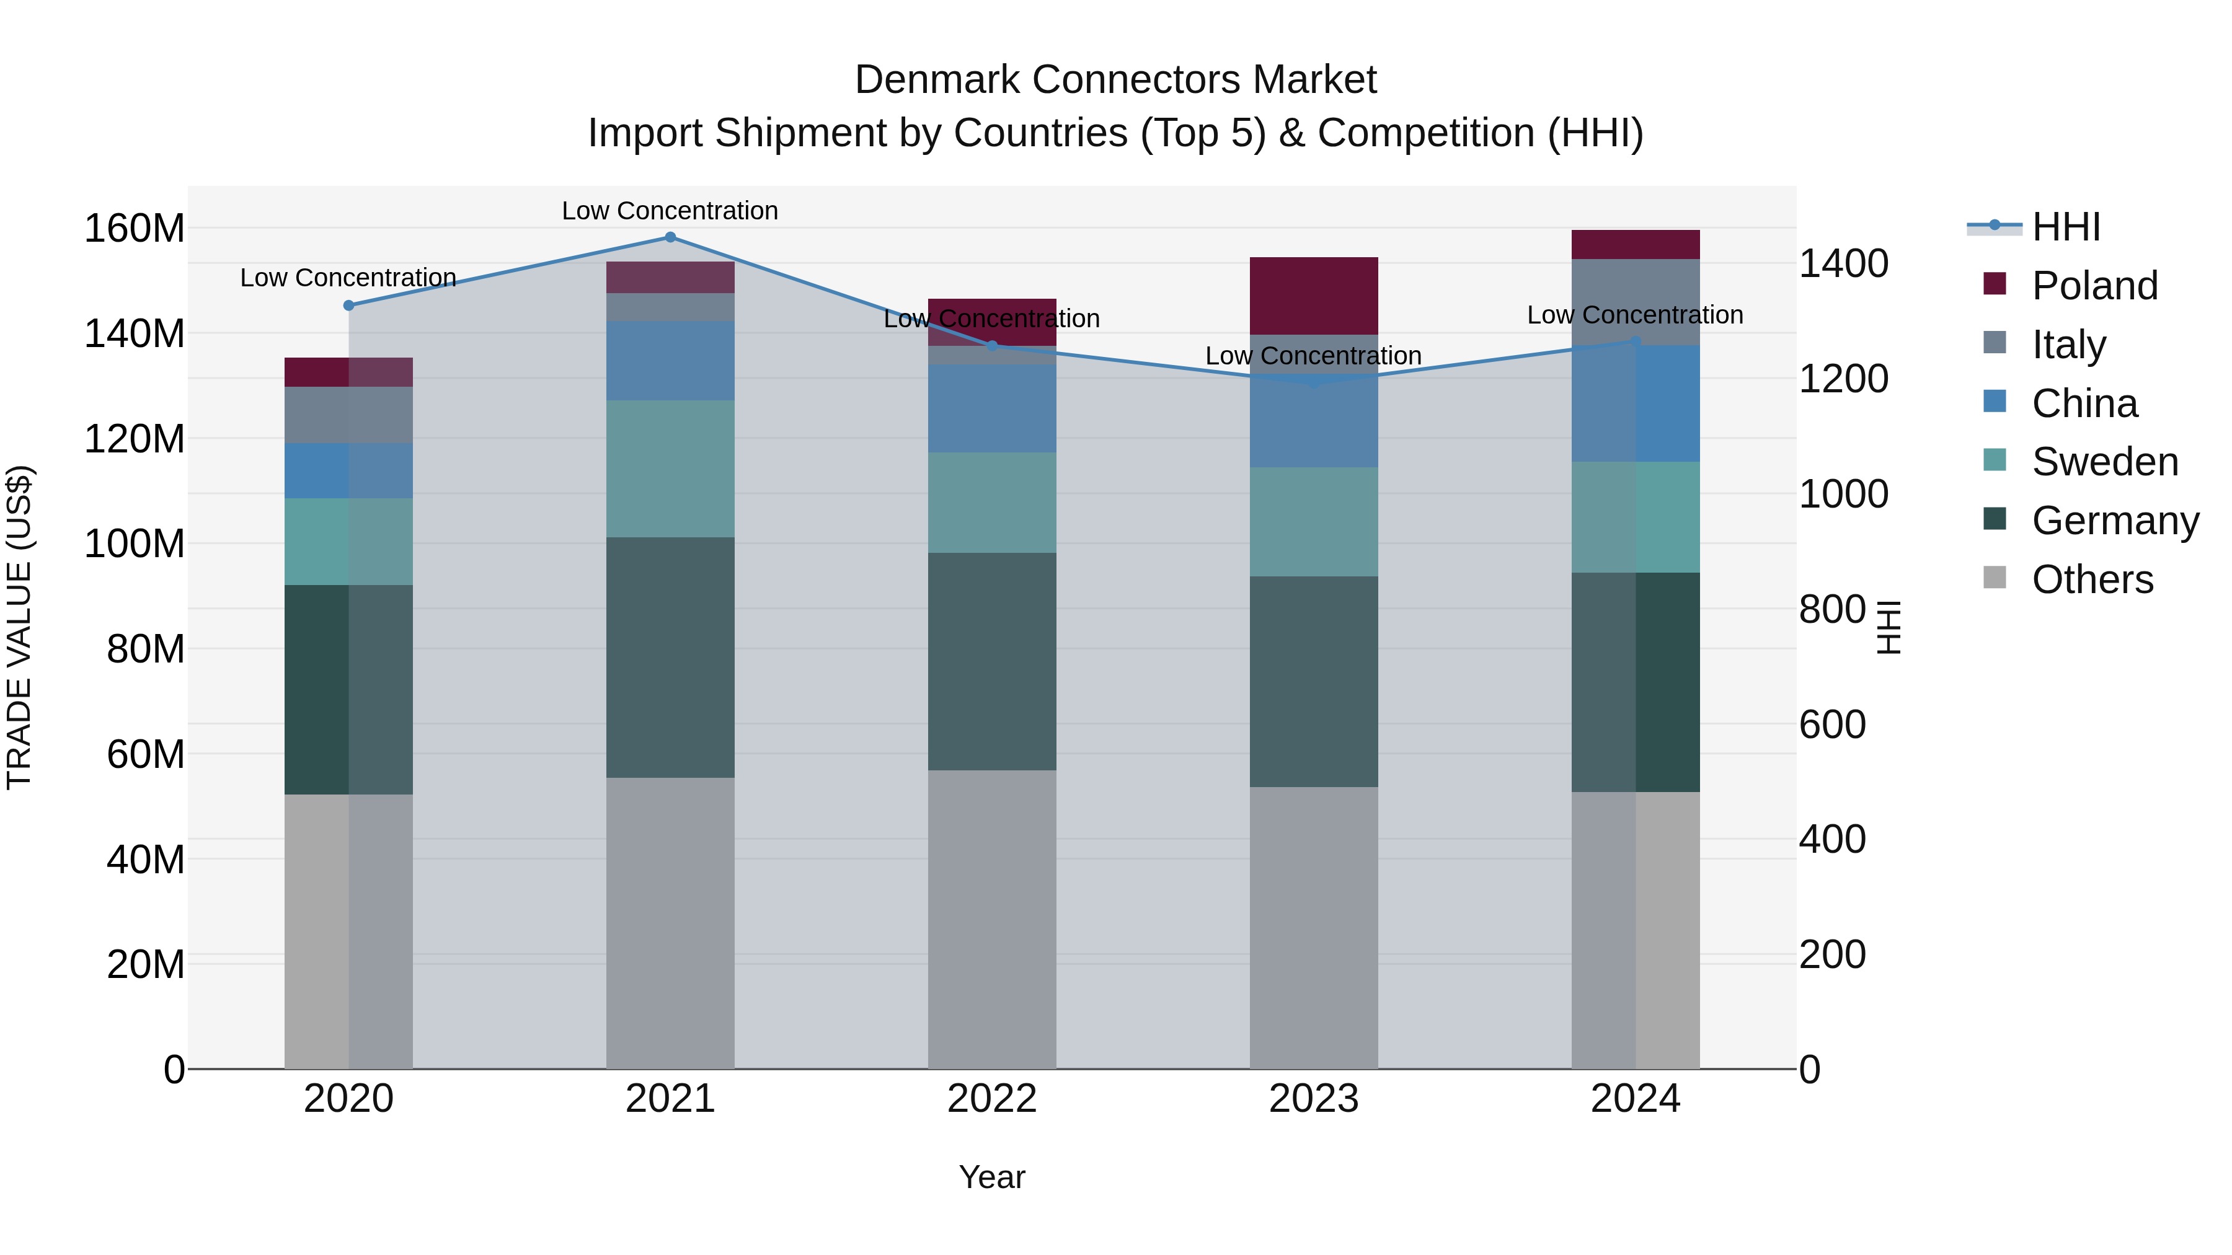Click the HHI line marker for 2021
(670, 237)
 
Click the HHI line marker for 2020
(348, 306)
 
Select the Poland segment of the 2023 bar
(1314, 296)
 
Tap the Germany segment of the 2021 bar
(670, 658)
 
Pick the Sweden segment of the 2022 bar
(992, 503)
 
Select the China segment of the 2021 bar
(670, 360)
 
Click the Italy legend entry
(2068, 344)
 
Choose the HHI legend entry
(2066, 227)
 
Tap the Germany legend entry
(2114, 521)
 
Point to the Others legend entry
(2092, 579)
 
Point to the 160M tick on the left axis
(135, 229)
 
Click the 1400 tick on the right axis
(1844, 263)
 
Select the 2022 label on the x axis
(992, 1099)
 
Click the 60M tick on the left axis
(146, 754)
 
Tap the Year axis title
(992, 1177)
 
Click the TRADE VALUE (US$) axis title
(19, 627)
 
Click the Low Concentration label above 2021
(670, 211)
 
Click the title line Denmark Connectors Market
(1115, 80)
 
